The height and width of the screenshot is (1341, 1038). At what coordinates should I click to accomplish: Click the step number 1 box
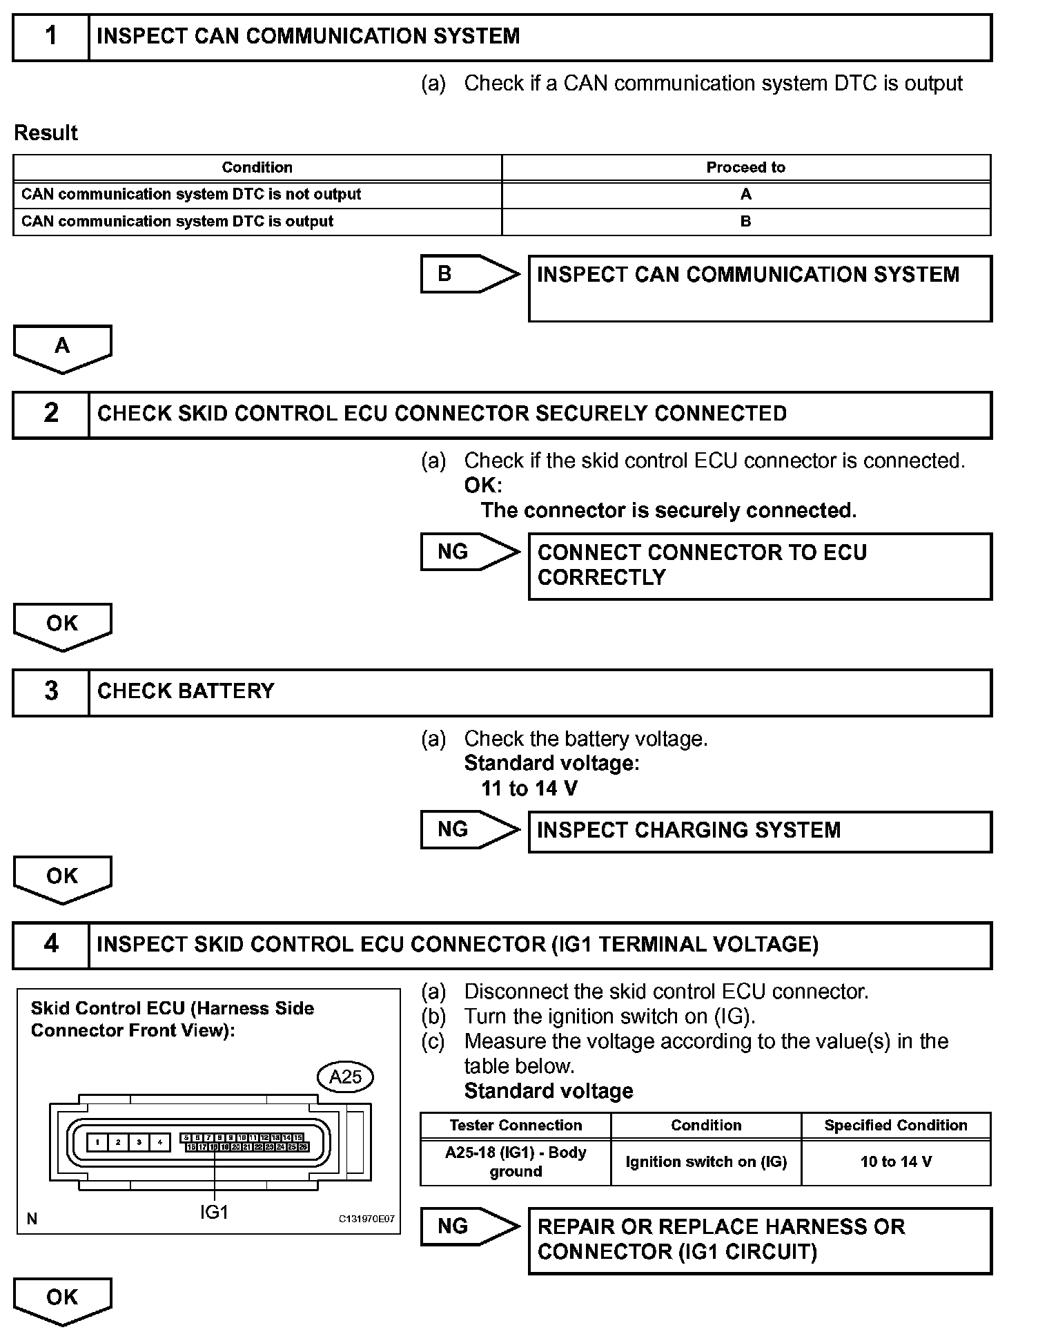tap(51, 37)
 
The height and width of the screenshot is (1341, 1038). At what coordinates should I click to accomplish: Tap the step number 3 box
tap(51, 691)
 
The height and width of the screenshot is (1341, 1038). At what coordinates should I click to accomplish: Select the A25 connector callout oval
tap(345, 1077)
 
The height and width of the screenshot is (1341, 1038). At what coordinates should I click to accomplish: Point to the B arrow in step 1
tap(469, 273)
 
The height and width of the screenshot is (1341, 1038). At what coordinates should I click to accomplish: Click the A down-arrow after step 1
tap(62, 347)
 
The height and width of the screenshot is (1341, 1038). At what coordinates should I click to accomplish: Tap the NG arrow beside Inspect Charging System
tap(469, 829)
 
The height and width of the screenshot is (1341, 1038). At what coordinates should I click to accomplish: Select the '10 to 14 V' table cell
tap(896, 1161)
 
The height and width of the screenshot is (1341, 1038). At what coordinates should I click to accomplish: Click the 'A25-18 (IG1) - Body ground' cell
tap(516, 1161)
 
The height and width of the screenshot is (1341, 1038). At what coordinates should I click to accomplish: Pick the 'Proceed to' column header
tap(745, 167)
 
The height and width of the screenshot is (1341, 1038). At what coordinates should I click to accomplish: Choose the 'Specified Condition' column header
tap(896, 1125)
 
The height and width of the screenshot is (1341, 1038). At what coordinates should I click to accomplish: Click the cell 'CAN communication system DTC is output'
tap(177, 222)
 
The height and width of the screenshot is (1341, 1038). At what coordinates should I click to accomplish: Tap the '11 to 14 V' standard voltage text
tap(529, 789)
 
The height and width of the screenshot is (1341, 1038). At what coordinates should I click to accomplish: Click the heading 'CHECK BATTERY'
tap(186, 691)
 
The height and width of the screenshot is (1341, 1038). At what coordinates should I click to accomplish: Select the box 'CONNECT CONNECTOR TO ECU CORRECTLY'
tap(759, 566)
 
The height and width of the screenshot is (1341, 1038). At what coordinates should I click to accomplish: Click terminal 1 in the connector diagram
tap(98, 1143)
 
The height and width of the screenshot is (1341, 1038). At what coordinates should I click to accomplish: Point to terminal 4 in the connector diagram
tap(159, 1143)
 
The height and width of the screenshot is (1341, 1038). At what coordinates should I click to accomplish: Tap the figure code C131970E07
tap(366, 1219)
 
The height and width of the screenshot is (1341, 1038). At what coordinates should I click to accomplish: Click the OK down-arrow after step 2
tap(62, 625)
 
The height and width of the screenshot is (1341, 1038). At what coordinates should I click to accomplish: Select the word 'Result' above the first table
tap(46, 133)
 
